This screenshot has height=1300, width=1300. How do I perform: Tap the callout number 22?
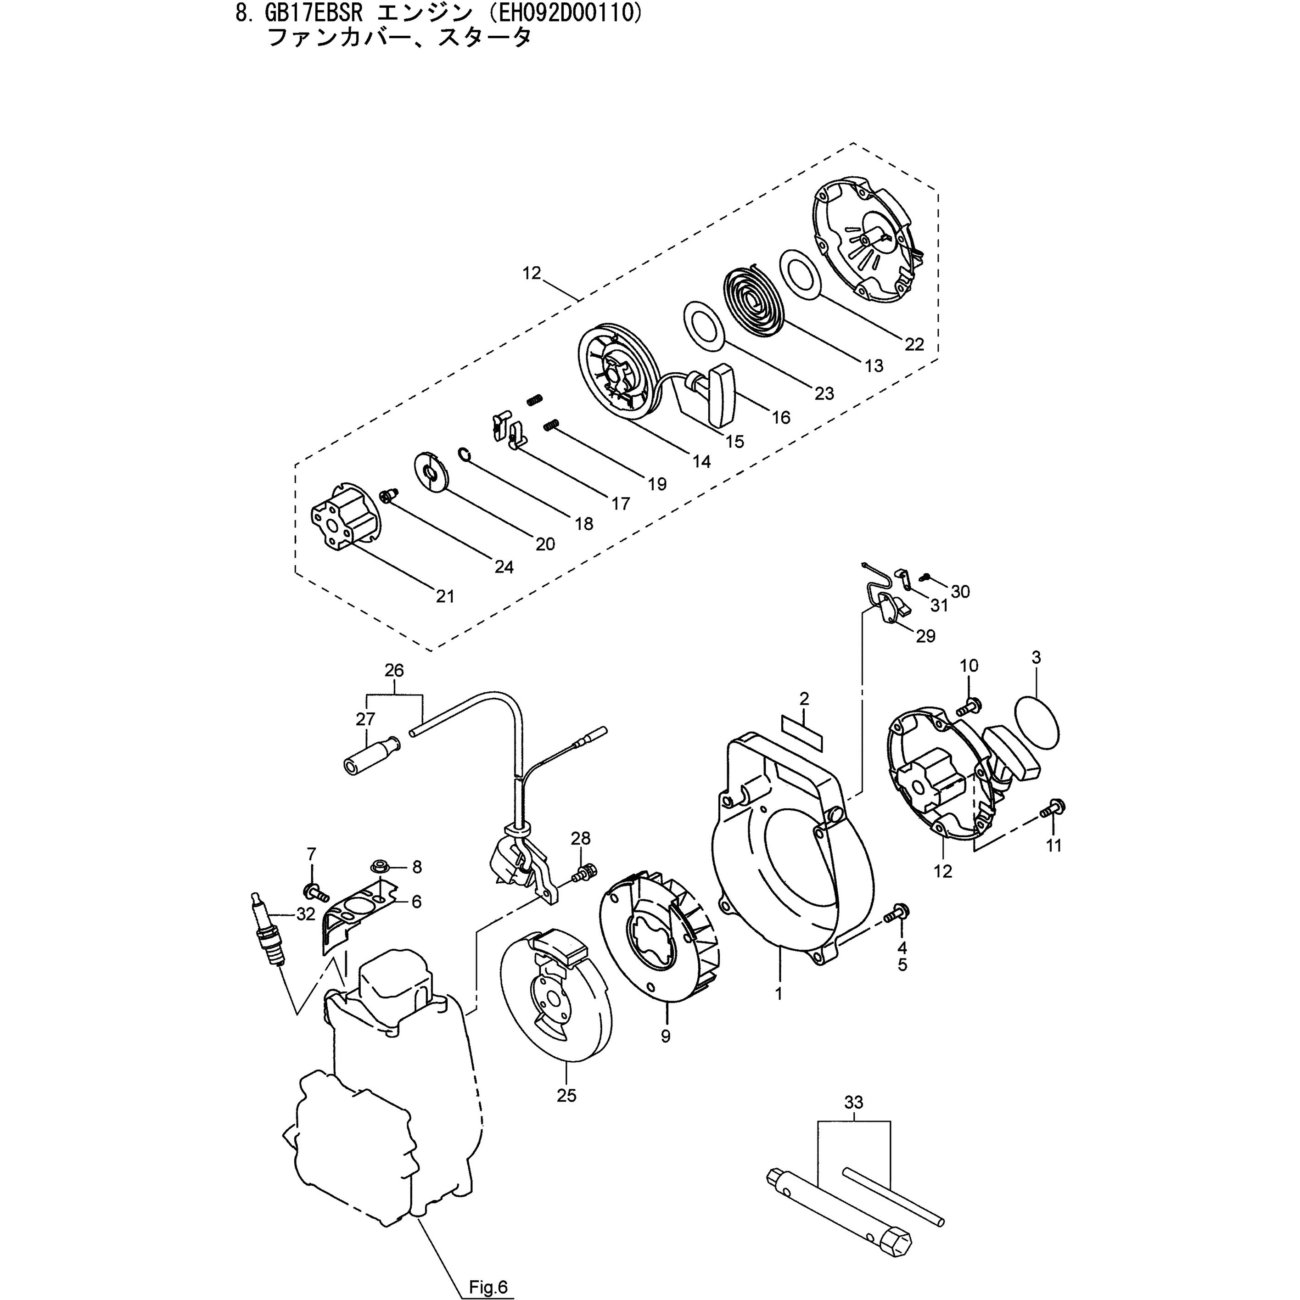tap(914, 345)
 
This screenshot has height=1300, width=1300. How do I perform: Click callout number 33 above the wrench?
tap(854, 1103)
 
